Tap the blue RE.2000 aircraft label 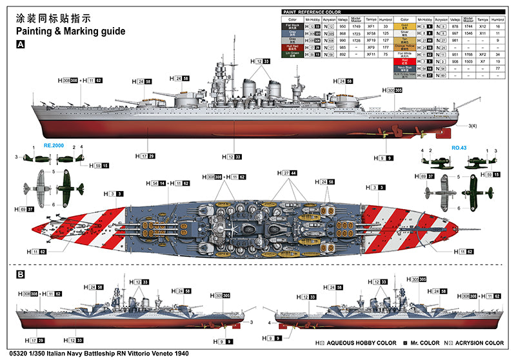pyautogui.click(x=55, y=146)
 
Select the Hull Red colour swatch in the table pyautogui.click(x=292, y=46)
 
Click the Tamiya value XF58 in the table pyautogui.click(x=371, y=33)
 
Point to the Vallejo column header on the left pyautogui.click(x=342, y=20)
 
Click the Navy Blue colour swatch pyautogui.click(x=404, y=68)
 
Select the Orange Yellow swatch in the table pyautogui.click(x=404, y=46)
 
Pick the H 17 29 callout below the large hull pyautogui.click(x=146, y=156)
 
